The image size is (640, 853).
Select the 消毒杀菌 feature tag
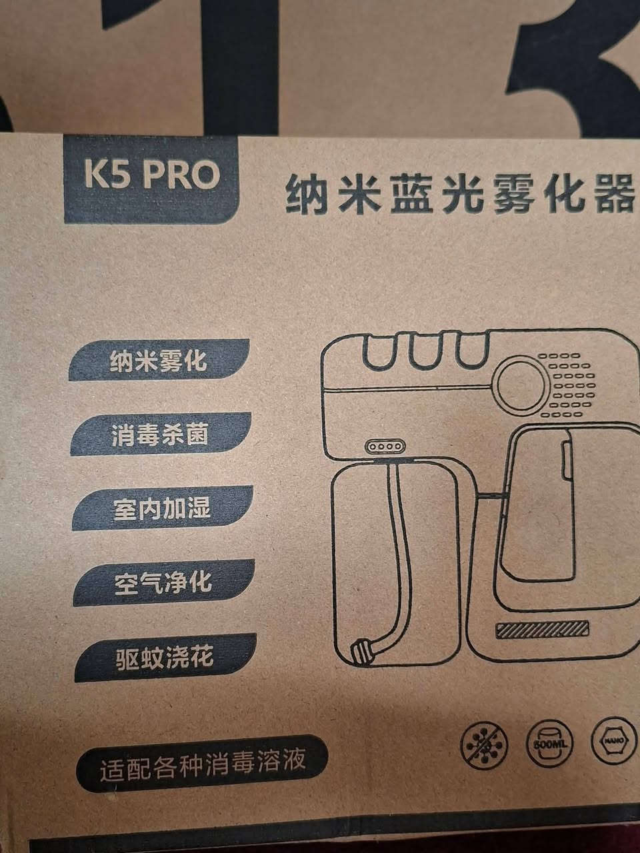(x=161, y=434)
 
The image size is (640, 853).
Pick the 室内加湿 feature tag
(x=162, y=508)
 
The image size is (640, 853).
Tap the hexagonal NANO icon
(x=615, y=740)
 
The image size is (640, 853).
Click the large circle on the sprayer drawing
(x=523, y=384)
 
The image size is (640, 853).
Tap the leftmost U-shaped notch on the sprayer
(x=377, y=351)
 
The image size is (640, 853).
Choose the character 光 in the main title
(x=460, y=196)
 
